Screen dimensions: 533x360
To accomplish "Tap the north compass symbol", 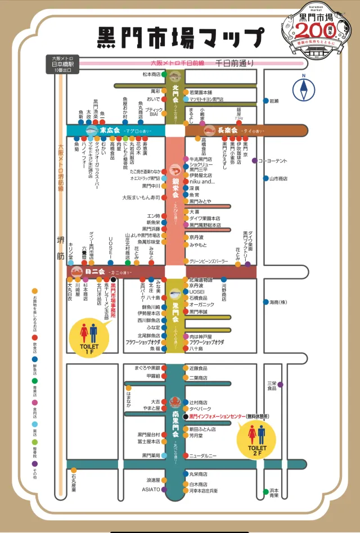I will [x=303, y=89].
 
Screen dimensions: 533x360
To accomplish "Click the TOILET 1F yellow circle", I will [x=84, y=335].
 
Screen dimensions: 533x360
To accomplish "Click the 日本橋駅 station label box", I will [x=63, y=65].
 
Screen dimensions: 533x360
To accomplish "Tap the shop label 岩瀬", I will [x=274, y=101].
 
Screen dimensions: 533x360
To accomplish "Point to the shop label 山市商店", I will [x=278, y=178].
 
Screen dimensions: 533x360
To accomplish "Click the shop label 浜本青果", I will [x=274, y=493].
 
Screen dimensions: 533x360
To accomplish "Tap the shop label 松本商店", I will [x=151, y=74].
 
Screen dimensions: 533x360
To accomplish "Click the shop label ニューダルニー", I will [x=203, y=455].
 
